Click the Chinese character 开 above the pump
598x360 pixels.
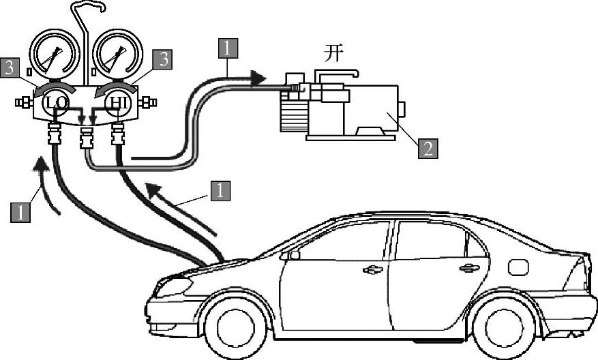pyautogui.click(x=333, y=55)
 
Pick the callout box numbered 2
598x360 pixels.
pyautogui.click(x=428, y=148)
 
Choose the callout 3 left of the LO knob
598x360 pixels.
pyautogui.click(x=9, y=67)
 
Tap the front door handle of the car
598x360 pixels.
pyautogui.click(x=372, y=270)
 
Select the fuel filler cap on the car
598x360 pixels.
pyautogui.click(x=518, y=267)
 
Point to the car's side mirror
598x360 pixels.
pyautogui.click(x=293, y=255)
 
